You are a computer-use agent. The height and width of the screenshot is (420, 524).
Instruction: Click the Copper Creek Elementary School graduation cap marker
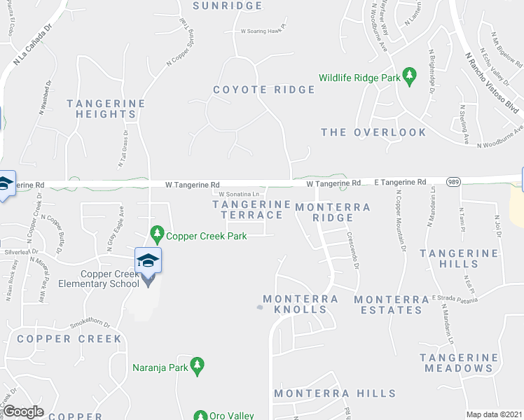[x=149, y=260]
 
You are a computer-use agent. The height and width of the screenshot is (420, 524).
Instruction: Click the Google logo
[x=24, y=412]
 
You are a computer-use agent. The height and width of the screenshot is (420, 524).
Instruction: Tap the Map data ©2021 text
[x=493, y=414]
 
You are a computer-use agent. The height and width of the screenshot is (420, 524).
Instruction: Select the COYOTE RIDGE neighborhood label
[x=264, y=90]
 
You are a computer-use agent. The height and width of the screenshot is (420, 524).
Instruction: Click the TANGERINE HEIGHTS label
[x=106, y=108]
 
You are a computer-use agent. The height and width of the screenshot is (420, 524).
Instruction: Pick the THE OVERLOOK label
[x=373, y=132]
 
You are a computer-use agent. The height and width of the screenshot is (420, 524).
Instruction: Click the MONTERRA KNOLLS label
[x=301, y=304]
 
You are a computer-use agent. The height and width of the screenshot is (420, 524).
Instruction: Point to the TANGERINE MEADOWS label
[x=456, y=363]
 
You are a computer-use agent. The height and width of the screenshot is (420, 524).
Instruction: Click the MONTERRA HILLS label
[x=335, y=394]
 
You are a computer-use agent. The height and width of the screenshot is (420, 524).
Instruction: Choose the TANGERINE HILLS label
[x=450, y=258]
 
